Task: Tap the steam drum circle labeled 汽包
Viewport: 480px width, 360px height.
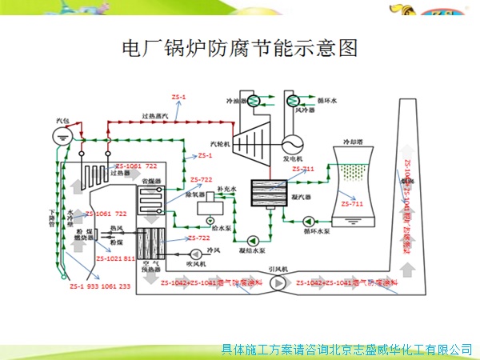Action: tap(63, 135)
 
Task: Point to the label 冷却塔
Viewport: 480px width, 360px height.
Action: tap(355, 142)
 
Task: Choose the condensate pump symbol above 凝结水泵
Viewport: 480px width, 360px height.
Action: tap(253, 239)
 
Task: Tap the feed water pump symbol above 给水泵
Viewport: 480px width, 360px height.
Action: tap(210, 220)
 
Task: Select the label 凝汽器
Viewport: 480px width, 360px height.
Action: tap(302, 195)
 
